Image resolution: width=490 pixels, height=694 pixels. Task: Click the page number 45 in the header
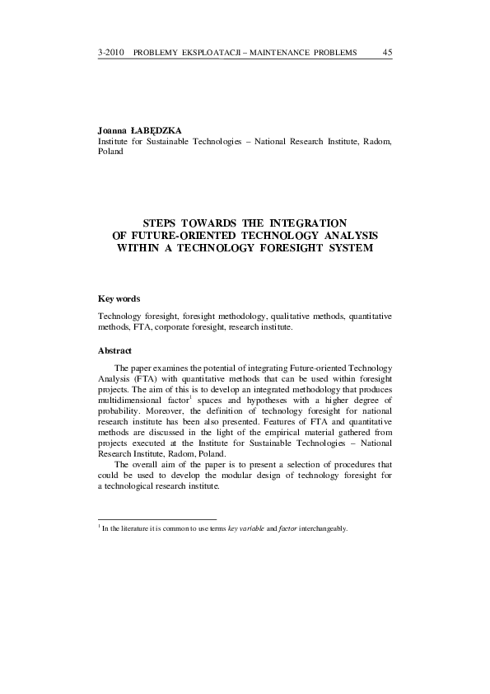click(387, 53)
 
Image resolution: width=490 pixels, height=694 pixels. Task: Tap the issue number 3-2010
click(110, 53)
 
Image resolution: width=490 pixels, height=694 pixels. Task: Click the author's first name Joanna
click(112, 130)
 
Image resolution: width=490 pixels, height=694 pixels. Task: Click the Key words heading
click(119, 298)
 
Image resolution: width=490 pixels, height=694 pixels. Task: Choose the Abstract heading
click(115, 351)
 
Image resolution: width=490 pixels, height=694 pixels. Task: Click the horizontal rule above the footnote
click(156, 519)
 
